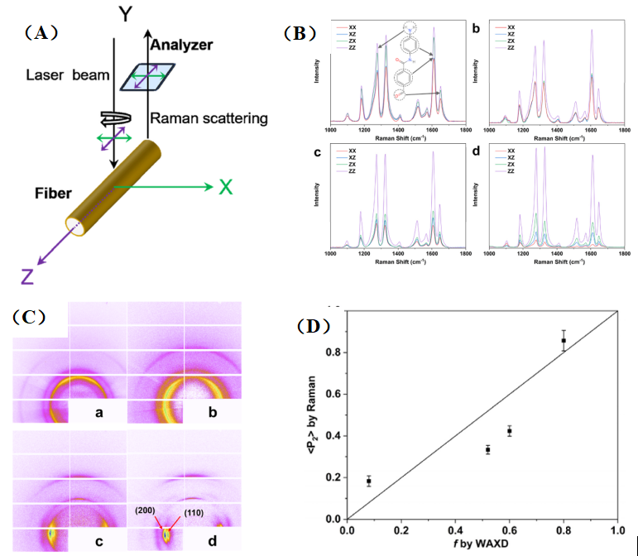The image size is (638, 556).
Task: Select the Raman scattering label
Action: (x=208, y=119)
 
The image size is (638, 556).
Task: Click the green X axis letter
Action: (x=225, y=186)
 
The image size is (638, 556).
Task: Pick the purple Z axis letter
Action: (x=26, y=276)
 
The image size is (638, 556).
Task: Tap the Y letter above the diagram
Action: (x=125, y=15)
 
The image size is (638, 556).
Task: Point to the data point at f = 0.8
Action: (x=564, y=340)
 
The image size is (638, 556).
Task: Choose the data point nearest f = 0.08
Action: (x=368, y=481)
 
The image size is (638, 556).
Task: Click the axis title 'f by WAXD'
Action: (x=483, y=546)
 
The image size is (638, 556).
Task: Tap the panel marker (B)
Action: (x=299, y=34)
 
